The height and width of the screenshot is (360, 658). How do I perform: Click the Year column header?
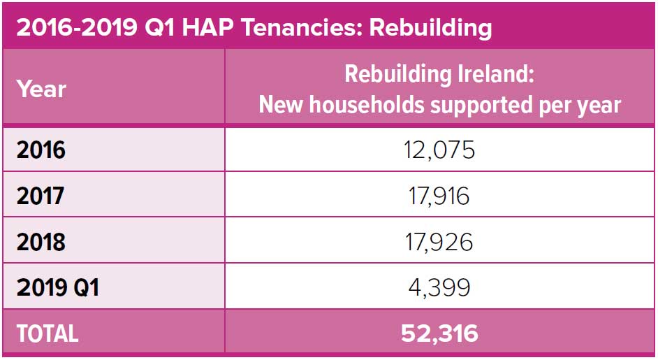[x=41, y=89]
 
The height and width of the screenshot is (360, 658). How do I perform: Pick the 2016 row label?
[x=41, y=150]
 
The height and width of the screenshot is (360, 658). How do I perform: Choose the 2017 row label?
[x=41, y=196]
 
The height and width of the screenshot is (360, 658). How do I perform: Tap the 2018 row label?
[x=41, y=242]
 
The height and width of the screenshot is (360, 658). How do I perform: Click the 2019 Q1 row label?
[x=57, y=287]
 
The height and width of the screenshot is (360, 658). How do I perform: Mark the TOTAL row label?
[x=47, y=333]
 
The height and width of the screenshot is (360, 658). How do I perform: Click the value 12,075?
[x=440, y=150]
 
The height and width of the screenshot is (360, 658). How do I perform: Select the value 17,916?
[x=440, y=196]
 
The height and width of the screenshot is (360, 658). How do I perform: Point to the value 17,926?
[x=440, y=242]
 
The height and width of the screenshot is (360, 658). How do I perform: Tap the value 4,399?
[x=440, y=287]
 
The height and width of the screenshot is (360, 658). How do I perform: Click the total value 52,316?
[x=440, y=333]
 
